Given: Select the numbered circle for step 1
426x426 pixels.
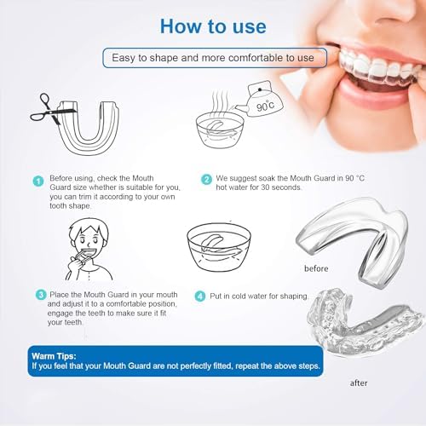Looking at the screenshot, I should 38,180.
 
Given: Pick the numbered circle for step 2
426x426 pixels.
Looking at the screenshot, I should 205,180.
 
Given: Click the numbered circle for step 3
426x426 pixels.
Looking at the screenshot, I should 39,294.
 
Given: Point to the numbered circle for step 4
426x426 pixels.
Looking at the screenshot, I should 200,296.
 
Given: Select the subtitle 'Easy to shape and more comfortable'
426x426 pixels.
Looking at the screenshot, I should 214,58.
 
